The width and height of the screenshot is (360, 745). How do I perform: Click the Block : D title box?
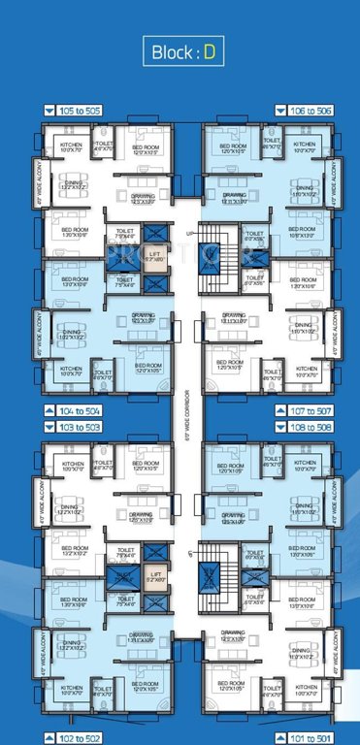pos(180,51)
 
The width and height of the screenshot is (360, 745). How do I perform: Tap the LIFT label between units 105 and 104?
pos(152,257)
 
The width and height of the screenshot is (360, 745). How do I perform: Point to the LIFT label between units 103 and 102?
pos(152,574)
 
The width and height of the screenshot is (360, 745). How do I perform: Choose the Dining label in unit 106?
pos(305,191)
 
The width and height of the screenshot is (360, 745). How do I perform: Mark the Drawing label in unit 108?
pos(233,519)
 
